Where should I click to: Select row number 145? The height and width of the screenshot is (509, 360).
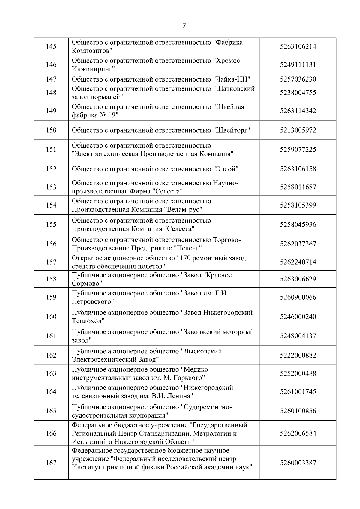point(51,47)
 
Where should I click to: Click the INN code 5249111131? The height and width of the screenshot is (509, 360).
point(298,65)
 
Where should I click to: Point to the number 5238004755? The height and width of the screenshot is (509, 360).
point(298,93)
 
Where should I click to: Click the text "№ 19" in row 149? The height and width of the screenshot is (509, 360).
point(109,115)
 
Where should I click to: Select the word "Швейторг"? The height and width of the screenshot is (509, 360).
point(232,130)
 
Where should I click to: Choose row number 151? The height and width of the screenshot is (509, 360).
point(51,149)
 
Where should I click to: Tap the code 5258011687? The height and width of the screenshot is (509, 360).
point(298,187)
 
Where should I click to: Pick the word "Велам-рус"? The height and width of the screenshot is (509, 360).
point(183,209)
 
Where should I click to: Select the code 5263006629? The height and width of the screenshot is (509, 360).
point(298,279)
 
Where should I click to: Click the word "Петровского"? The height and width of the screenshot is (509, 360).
point(93,301)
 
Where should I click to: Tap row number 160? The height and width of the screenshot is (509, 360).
point(51,317)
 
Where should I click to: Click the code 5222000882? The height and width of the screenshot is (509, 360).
point(298,355)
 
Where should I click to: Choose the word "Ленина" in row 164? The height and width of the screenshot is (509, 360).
point(180,396)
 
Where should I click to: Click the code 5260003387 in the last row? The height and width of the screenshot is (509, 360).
point(298,463)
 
